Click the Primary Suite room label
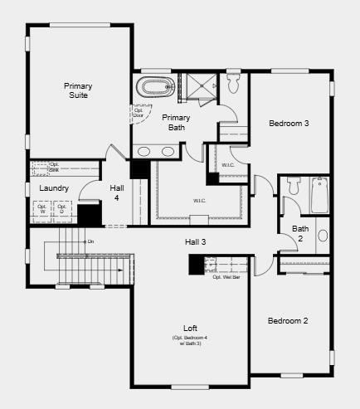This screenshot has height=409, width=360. point(79,90)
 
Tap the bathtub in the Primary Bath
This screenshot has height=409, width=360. point(156,86)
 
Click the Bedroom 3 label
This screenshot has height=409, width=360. point(289,124)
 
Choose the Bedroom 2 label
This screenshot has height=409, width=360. point(288,320)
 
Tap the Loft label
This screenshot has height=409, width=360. point(190,328)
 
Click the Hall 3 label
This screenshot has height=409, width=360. point(195,241)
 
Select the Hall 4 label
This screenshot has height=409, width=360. point(117,192)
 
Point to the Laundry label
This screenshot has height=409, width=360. point(54,188)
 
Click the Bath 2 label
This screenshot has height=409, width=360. point(299,234)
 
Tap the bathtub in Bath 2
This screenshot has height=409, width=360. point(322,195)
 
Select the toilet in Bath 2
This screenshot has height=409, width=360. point(293,187)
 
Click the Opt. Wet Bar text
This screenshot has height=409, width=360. point(226,277)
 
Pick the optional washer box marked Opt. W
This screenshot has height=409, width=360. point(41,211)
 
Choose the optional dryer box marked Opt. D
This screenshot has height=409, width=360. point(62,211)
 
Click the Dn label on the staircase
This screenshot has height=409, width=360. point(90,241)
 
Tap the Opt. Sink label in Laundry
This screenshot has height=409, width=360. point(55,167)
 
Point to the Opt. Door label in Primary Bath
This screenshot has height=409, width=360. point(138,112)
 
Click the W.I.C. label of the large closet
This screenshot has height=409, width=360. point(199,200)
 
